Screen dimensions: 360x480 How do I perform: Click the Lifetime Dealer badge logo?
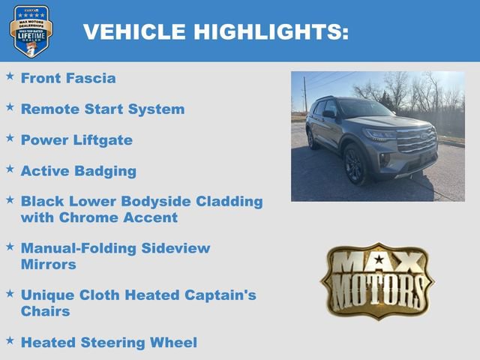click(x=31, y=31)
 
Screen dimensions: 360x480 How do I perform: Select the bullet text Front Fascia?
click(x=68, y=78)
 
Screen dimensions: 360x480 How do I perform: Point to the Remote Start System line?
click(x=103, y=109)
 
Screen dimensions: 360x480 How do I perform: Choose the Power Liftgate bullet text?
click(x=76, y=140)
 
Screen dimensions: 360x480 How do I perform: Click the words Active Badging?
click(x=79, y=171)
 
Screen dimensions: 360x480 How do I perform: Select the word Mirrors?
click(x=49, y=264)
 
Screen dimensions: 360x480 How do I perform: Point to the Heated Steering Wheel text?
click(x=109, y=342)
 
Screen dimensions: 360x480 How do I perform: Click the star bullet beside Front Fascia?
click(x=10, y=76)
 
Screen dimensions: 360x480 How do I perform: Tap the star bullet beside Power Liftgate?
click(x=10, y=138)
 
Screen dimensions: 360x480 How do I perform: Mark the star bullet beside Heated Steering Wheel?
click(x=10, y=340)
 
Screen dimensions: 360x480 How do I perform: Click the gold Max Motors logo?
click(x=377, y=280)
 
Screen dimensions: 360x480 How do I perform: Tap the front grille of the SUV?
click(x=416, y=140)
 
